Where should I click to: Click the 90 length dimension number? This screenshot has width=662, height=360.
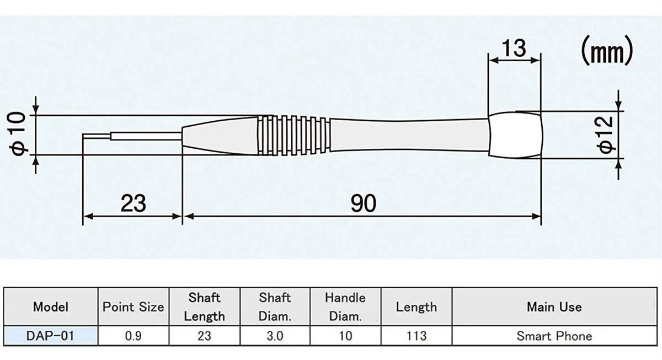click(x=363, y=203)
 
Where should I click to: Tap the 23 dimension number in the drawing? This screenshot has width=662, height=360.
click(x=133, y=203)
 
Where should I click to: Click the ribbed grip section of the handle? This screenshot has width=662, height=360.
click(x=294, y=135)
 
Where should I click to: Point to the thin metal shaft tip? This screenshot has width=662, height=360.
click(x=97, y=135)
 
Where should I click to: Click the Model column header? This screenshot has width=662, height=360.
click(x=51, y=307)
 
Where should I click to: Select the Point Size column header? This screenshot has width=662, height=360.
click(x=134, y=307)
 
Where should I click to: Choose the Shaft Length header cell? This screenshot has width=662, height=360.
click(x=204, y=307)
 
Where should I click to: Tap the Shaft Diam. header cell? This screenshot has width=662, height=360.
click(x=275, y=307)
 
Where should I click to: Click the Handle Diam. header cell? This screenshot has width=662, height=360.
click(x=345, y=307)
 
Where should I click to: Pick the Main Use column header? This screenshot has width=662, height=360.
click(x=554, y=307)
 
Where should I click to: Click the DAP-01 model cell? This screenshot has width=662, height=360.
click(x=51, y=336)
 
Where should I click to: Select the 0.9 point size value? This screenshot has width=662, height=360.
click(x=134, y=336)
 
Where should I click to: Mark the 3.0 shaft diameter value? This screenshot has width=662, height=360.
click(x=275, y=336)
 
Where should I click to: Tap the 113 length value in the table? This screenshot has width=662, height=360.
click(x=416, y=336)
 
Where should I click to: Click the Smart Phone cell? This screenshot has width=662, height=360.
click(x=554, y=336)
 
